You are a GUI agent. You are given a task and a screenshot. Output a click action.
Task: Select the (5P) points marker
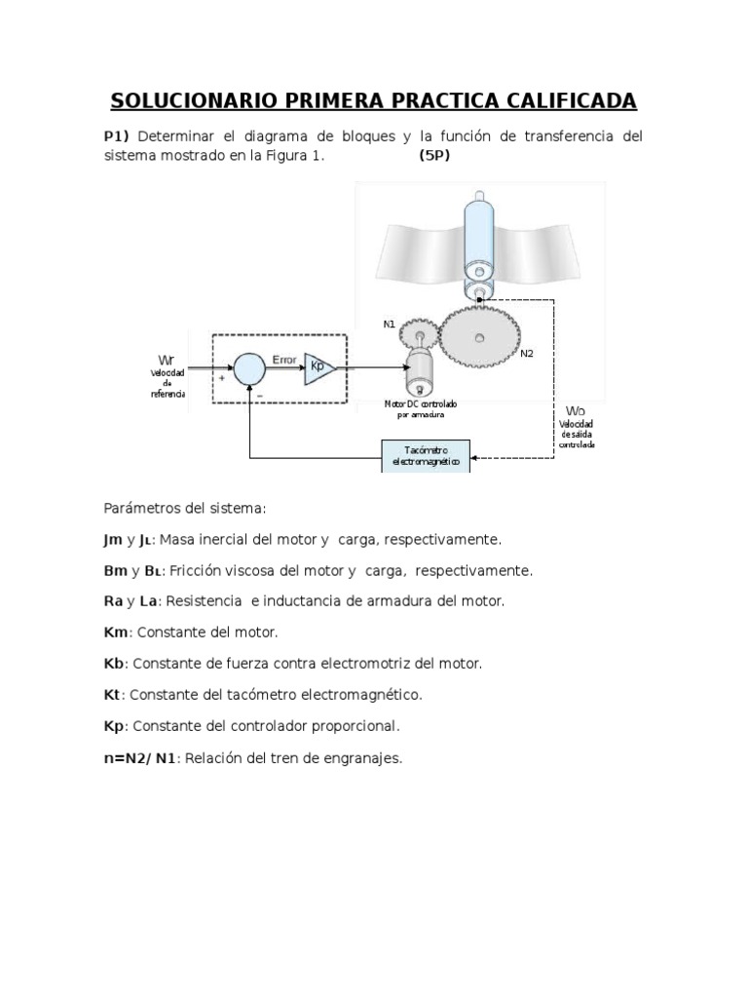(435, 155)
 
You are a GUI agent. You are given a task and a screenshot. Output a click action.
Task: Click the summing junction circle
(249, 368)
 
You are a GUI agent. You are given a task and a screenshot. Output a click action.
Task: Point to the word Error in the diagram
(283, 359)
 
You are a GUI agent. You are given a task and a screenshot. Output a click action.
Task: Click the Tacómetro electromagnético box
(425, 455)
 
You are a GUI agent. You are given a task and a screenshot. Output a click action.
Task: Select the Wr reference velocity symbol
(167, 360)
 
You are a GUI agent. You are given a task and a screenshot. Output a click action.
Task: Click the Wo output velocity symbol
(576, 409)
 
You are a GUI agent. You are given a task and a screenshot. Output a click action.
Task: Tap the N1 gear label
(389, 323)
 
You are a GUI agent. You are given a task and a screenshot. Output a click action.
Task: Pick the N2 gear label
(527, 353)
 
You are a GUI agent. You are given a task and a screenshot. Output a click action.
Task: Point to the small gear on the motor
(419, 334)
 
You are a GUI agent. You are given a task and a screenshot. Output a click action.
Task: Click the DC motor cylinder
(421, 374)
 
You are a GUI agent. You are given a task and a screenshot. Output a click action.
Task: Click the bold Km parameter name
(115, 632)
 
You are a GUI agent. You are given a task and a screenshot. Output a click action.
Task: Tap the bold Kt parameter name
(113, 695)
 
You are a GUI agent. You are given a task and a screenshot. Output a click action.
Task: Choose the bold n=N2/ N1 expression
(140, 758)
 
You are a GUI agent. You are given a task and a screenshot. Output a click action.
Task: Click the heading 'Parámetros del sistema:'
(184, 508)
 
